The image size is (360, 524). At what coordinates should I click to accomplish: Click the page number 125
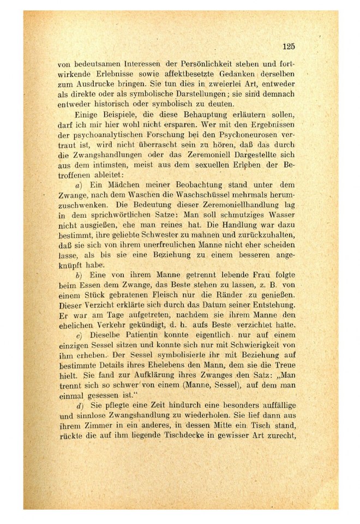pos(289,46)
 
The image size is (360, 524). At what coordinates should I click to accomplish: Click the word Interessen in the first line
pos(133,63)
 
